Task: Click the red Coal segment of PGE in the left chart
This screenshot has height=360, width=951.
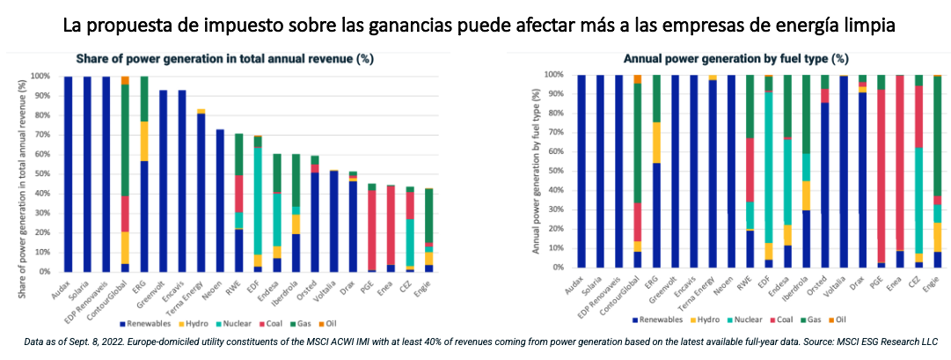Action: click(x=372, y=229)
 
